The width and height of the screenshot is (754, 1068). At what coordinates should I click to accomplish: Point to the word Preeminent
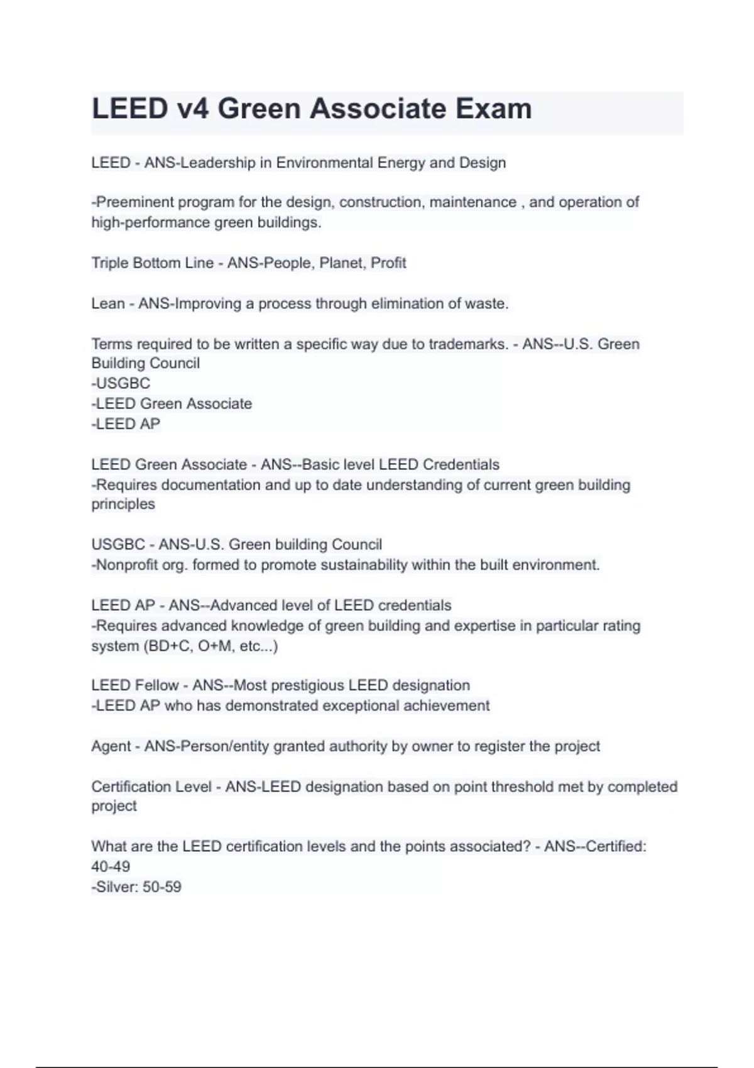click(x=133, y=202)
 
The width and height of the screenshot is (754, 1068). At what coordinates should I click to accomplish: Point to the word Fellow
click(x=157, y=685)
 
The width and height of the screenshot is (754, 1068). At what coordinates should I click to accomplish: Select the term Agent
click(x=111, y=746)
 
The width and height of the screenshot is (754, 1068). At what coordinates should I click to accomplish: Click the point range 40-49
click(x=111, y=866)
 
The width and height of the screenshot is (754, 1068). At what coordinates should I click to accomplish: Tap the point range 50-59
click(x=162, y=887)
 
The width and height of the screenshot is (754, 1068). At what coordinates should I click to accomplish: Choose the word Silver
click(x=117, y=887)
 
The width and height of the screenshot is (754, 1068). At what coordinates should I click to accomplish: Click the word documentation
click(x=220, y=485)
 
